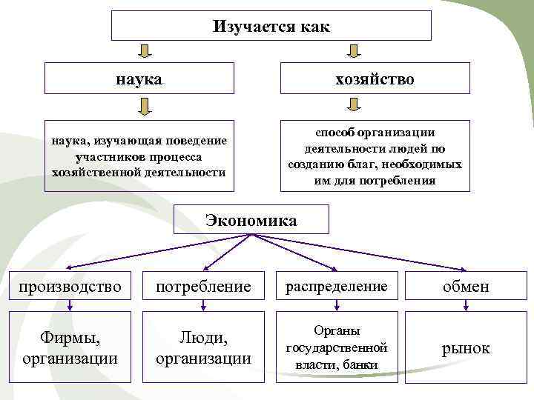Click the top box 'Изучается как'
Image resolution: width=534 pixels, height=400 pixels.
point(271,26)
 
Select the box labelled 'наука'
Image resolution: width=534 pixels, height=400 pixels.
point(139,78)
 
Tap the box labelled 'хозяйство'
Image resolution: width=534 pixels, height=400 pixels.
point(375,78)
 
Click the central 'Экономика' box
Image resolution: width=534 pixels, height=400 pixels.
point(251,220)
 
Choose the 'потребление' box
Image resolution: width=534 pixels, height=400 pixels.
point(203,286)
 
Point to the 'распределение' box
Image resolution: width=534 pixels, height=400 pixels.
point(336,286)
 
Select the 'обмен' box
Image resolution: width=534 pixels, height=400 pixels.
point(466,286)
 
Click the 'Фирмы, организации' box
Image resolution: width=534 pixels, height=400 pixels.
point(70,347)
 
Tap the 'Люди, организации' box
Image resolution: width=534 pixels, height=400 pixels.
point(203,347)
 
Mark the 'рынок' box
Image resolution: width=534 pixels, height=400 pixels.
point(466,347)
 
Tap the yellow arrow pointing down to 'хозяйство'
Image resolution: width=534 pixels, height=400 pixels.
point(354,50)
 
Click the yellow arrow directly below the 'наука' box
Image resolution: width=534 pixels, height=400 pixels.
point(145,107)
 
